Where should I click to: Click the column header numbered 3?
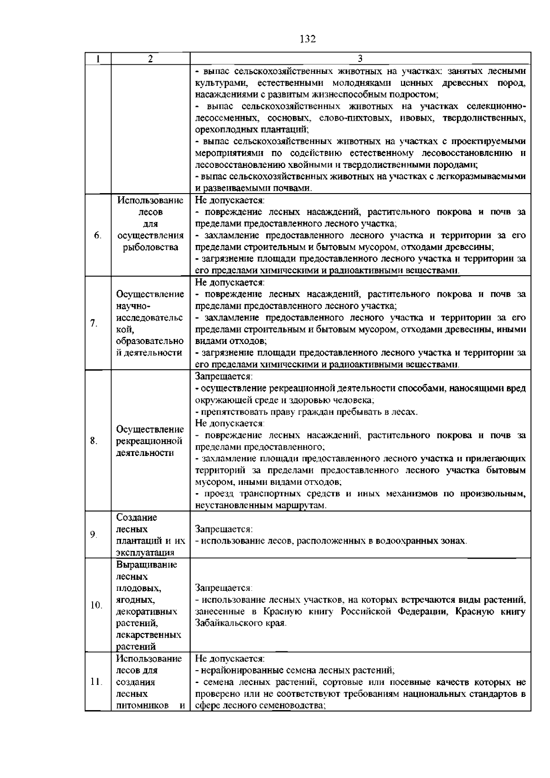(360, 59)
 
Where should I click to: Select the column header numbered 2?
(150, 59)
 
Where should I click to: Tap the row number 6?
(98, 235)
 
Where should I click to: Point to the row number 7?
(93, 323)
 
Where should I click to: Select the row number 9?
(93, 534)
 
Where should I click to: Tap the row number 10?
(96, 606)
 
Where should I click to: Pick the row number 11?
(96, 682)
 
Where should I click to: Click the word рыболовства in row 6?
(148, 247)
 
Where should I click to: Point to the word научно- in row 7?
(131, 306)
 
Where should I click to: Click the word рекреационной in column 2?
(149, 441)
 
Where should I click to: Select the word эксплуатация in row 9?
(145, 553)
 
